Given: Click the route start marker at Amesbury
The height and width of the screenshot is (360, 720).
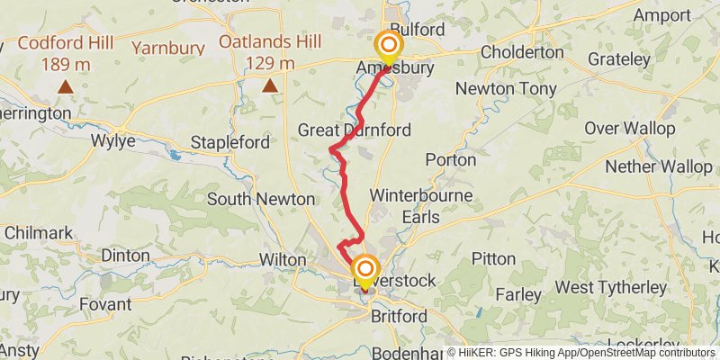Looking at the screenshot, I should pyautogui.click(x=389, y=46).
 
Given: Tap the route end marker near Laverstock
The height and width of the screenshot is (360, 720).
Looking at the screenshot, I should pyautogui.click(x=365, y=270).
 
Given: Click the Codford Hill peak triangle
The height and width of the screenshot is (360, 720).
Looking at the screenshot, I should pyautogui.click(x=66, y=86).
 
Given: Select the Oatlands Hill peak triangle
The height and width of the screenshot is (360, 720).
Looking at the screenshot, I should pyautogui.click(x=269, y=85).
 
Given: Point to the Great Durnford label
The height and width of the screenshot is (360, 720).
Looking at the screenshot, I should pyautogui.click(x=354, y=130).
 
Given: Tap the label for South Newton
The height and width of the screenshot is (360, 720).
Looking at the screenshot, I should pyautogui.click(x=261, y=199).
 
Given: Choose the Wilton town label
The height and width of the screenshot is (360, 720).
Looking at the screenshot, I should pyautogui.click(x=283, y=259).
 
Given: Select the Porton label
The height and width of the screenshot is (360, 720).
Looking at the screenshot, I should pyautogui.click(x=450, y=159).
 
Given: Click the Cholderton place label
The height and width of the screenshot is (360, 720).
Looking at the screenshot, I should pyautogui.click(x=522, y=53).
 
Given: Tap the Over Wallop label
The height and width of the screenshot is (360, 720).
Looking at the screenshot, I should pyautogui.click(x=630, y=129).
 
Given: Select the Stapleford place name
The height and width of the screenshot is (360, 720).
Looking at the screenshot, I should pyautogui.click(x=229, y=142).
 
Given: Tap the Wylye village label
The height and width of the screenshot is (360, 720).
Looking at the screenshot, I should pyautogui.click(x=113, y=141).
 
